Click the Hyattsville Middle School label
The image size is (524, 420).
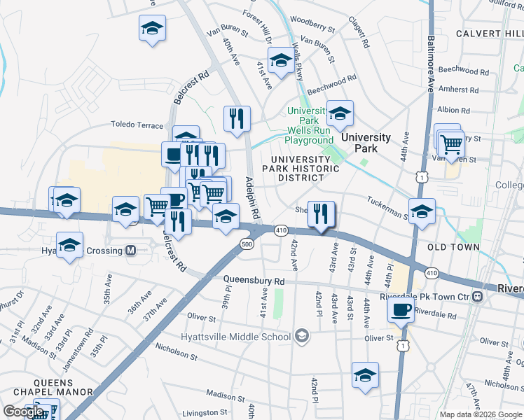[x=240, y=337]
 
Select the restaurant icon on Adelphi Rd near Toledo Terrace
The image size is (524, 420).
[x=237, y=118]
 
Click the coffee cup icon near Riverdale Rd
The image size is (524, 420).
[x=401, y=309]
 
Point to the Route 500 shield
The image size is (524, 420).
[x=246, y=244]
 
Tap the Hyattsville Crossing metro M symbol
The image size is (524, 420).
[x=130, y=251]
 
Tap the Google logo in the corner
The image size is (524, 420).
[x=23, y=412]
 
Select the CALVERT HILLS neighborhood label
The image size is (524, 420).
[x=489, y=34]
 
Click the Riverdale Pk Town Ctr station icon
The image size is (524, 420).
[x=477, y=297]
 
